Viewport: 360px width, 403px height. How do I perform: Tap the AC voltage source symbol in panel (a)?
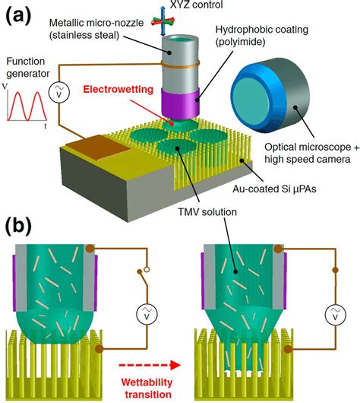point(58,92)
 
